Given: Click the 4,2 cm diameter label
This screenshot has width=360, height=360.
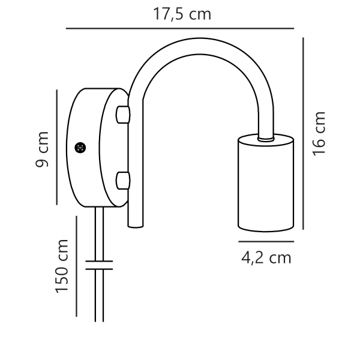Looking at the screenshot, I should pyautogui.click(x=266, y=258).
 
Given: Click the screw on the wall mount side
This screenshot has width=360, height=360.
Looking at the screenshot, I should pyautogui.click(x=79, y=147).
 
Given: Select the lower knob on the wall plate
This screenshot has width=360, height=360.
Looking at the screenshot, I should pyautogui.click(x=122, y=179).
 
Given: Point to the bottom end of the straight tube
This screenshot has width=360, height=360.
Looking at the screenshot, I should pyautogui.click(x=136, y=224).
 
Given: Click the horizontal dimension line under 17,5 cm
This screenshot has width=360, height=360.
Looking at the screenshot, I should pyautogui.click(x=180, y=28).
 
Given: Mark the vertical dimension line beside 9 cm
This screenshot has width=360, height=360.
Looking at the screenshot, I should pyautogui.click(x=56, y=147).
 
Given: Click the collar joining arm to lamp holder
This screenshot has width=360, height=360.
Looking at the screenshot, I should pyautogui.click(x=264, y=138).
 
